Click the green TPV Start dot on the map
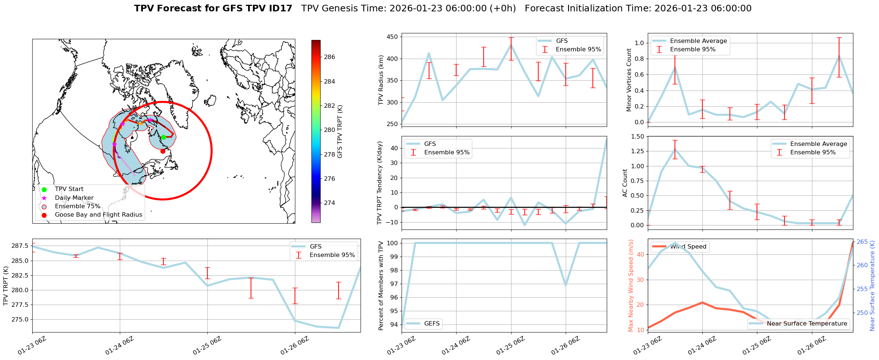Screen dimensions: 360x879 pos(163,137)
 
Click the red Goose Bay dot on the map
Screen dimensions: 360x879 pos(163,151)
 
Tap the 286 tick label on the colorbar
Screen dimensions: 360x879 pos(329,57)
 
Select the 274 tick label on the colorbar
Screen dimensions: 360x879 pos(329,203)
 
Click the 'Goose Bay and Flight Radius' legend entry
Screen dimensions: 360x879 pos(98,215)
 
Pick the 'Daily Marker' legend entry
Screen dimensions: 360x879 pos(74,198)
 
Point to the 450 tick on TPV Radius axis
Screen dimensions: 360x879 pos(392,37)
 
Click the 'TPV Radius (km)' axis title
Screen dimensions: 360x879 pos(381,80)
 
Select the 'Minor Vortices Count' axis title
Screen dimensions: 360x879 pos(629,80)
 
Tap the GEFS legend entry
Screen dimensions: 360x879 pos(432,324)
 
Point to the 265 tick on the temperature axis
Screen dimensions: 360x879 pos(862,242)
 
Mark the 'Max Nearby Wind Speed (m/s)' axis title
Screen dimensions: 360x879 pos(631,286)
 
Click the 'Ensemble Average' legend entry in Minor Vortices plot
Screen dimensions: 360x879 pos(698,41)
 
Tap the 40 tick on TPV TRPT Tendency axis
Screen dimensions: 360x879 pos(395,148)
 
